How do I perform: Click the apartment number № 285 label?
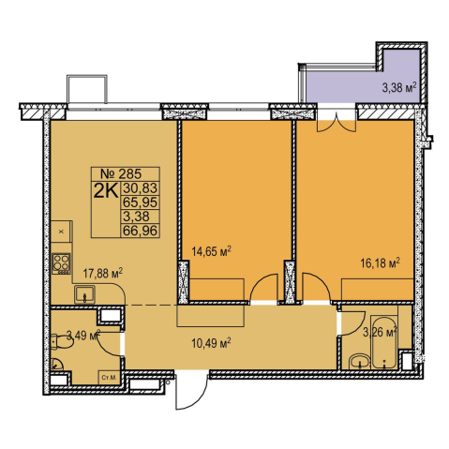click(x=121, y=173)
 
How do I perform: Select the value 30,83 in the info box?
click(x=140, y=188)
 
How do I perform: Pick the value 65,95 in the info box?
click(x=140, y=202)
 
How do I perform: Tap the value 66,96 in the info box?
click(x=140, y=231)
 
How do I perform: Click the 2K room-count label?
click(x=106, y=191)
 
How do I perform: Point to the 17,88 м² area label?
click(x=102, y=273)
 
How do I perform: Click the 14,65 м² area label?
click(x=211, y=251)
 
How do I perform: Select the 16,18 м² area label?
click(x=380, y=263)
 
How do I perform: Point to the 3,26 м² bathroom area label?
click(x=380, y=333)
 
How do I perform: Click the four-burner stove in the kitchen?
click(x=61, y=263)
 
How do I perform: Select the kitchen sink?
click(x=84, y=294)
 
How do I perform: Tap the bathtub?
click(x=384, y=342)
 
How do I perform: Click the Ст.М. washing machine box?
click(x=109, y=378)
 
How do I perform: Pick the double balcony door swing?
click(x=337, y=124)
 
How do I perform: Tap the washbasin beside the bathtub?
click(x=360, y=362)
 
